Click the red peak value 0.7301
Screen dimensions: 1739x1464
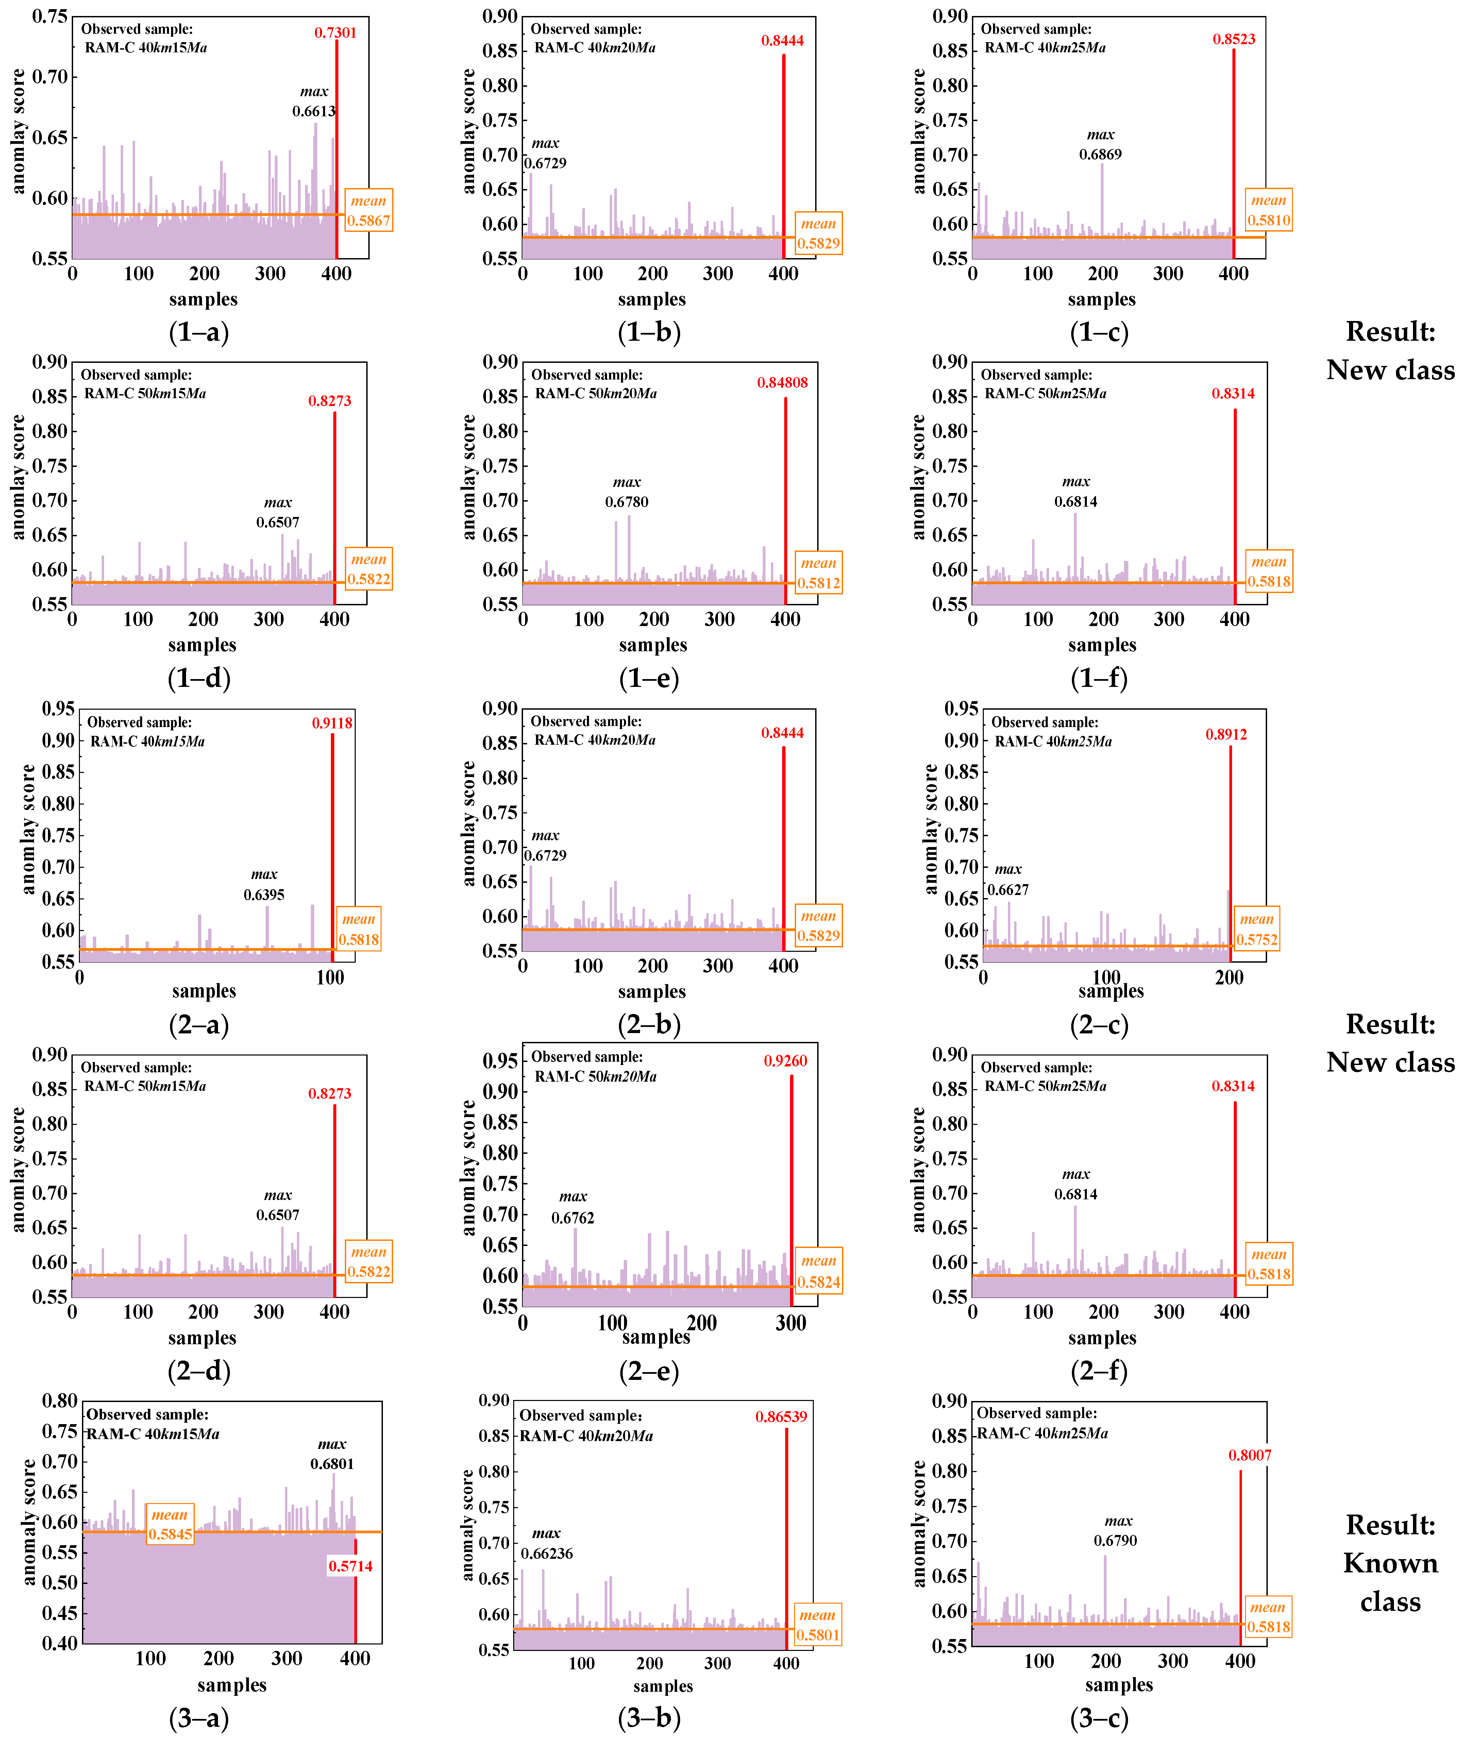point(335,33)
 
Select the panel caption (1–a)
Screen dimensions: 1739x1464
point(199,332)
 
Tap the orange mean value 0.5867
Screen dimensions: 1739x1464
point(369,221)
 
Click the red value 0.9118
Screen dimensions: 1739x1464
point(332,724)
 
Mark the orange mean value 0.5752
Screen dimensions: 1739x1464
point(1257,940)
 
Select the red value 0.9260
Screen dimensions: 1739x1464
point(785,1061)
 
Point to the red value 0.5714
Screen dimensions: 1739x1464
point(350,1567)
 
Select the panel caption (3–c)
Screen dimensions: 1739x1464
point(1100,1718)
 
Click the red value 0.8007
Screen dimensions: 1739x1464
point(1249,1455)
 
